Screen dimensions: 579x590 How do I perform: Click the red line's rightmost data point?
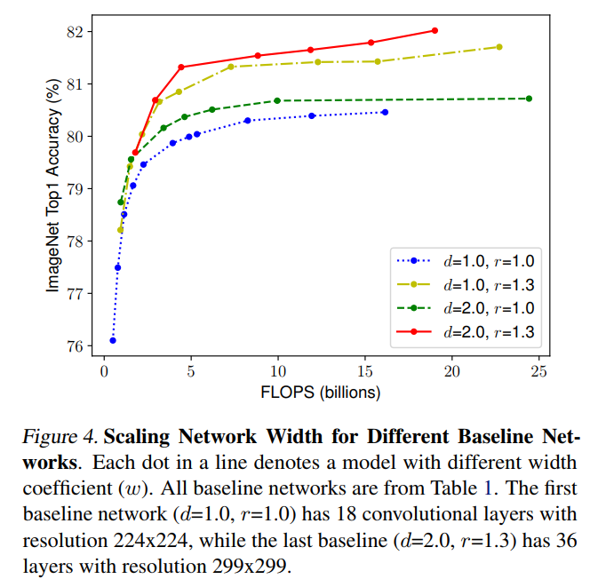[x=435, y=30]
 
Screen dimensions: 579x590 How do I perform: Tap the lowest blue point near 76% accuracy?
[x=113, y=340]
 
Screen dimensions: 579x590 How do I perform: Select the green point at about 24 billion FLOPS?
[x=530, y=99]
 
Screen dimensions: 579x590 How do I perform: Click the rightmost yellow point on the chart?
[x=499, y=47]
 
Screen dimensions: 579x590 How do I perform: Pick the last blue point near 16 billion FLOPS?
[x=385, y=112]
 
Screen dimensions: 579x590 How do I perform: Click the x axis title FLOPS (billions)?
[x=321, y=391]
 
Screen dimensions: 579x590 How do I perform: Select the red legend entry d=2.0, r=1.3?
[x=487, y=331]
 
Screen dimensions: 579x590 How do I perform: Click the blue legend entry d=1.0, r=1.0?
[x=487, y=262]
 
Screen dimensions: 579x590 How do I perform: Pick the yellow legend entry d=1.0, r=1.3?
[x=487, y=285]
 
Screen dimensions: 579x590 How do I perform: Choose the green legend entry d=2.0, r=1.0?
[x=487, y=308]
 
